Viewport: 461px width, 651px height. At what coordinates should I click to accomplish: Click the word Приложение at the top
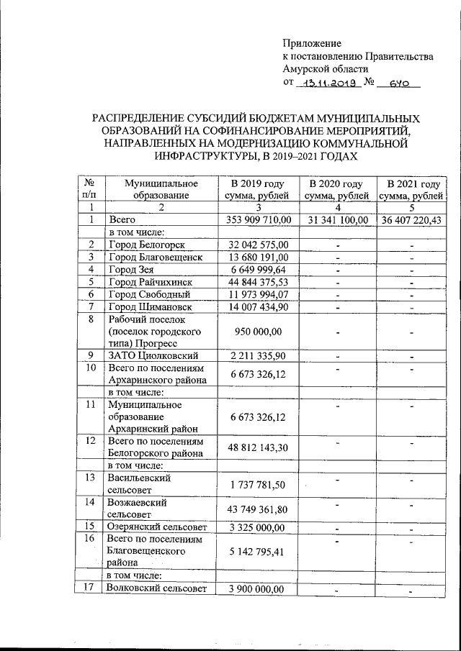click(312, 44)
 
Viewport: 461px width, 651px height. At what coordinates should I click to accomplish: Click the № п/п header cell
click(91, 189)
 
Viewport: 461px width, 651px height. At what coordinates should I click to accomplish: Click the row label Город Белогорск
click(146, 245)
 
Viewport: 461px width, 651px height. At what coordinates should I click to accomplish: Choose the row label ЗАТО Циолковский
click(153, 355)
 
